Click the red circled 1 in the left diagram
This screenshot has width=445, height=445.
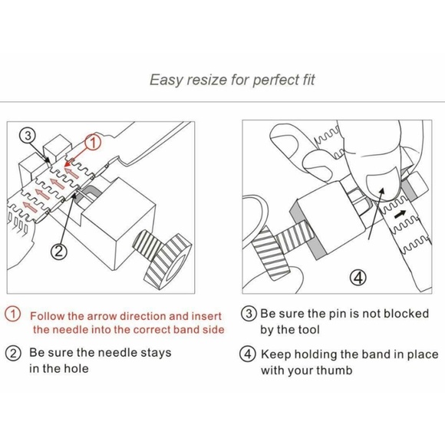(x=93, y=142)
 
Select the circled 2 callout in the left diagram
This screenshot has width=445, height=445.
(x=59, y=251)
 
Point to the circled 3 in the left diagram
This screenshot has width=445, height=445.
(x=28, y=135)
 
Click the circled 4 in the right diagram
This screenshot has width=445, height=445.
(x=358, y=278)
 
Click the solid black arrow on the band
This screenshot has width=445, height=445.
(x=400, y=215)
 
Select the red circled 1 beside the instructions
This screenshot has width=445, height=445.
(x=12, y=314)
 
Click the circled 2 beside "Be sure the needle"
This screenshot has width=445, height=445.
(x=13, y=354)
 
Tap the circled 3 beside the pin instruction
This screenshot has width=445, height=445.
(x=249, y=314)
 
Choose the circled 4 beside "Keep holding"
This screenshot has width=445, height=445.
(x=248, y=354)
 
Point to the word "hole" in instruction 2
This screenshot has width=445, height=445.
(x=76, y=368)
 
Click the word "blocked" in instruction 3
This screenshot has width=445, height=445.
(x=406, y=313)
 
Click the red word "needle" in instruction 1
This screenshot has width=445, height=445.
(x=71, y=329)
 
